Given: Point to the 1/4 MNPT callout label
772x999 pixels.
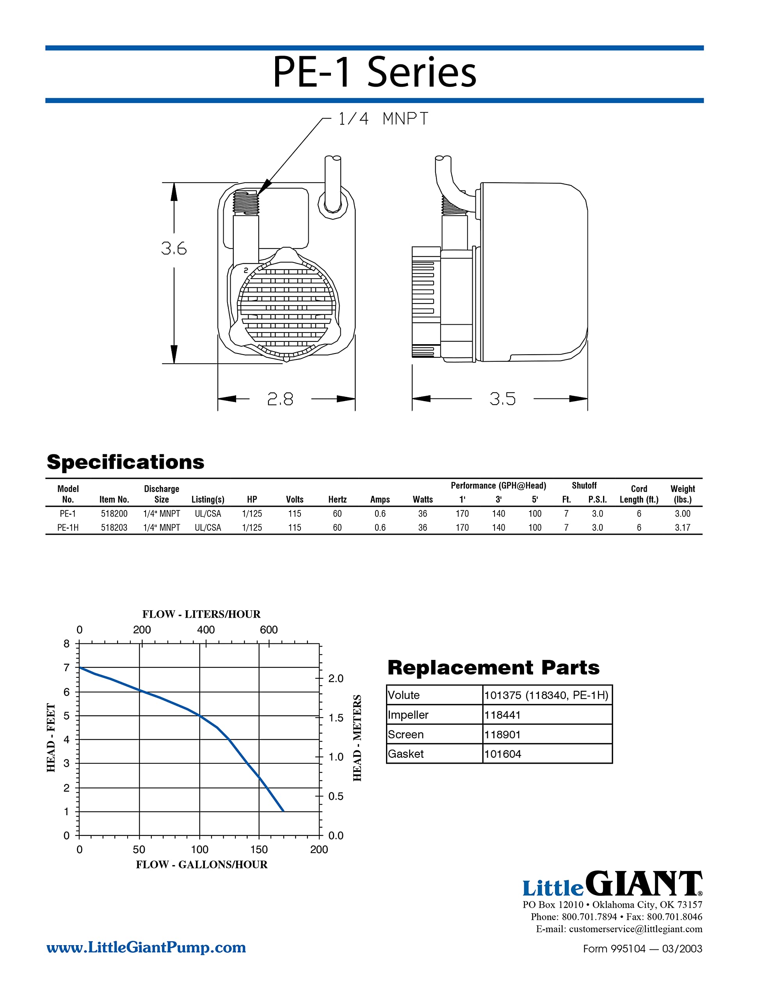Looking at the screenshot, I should (382, 119).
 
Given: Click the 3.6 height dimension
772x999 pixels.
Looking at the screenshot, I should (174, 248).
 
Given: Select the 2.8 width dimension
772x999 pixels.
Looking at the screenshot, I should (280, 399).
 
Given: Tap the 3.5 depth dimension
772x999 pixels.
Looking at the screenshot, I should (502, 399).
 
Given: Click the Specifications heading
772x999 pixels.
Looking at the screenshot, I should (125, 462).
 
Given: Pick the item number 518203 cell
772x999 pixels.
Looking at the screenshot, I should (114, 528).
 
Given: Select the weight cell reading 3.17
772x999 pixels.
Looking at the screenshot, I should (682, 528).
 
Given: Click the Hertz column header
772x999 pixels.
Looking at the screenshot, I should (337, 499).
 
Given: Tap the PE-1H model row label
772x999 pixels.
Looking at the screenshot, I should (68, 528).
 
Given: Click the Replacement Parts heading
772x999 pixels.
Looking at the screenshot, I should (493, 668).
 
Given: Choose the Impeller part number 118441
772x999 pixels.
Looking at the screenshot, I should (502, 715).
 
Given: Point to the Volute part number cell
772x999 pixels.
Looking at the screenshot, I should (546, 695).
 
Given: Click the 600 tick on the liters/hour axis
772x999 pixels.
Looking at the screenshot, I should (269, 630).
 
